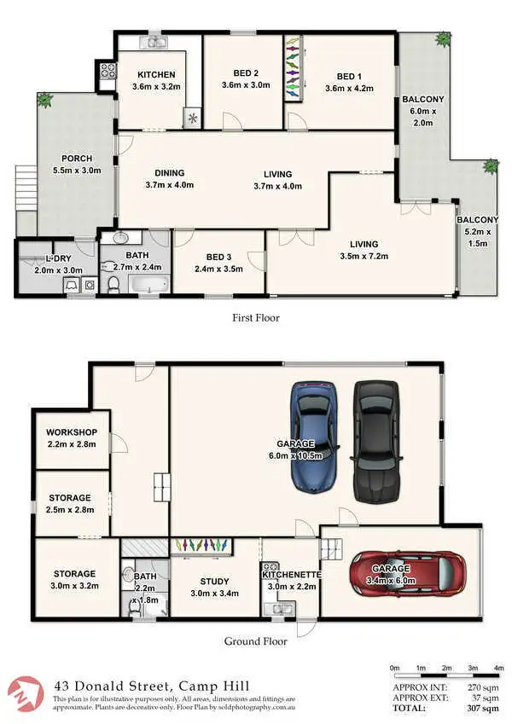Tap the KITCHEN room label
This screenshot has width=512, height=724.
(156, 75)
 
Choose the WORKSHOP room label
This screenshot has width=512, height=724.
(72, 433)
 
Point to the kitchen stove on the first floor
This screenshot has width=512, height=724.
(108, 73)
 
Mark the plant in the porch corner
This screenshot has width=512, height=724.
(44, 100)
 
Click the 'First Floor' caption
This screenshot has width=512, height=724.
(255, 318)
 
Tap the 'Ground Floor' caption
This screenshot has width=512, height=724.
(255, 642)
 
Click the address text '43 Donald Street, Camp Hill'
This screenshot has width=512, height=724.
(139, 685)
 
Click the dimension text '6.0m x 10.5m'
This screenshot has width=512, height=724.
(295, 456)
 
